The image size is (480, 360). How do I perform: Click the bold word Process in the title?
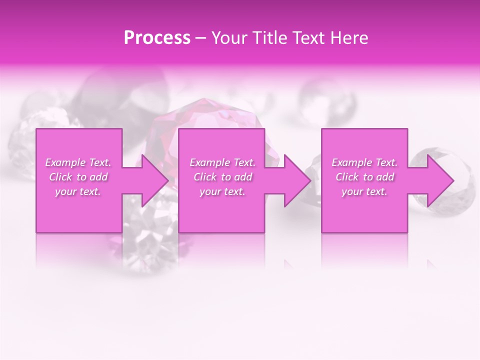pyautogui.click(x=157, y=38)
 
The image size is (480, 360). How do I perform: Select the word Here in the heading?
pyautogui.click(x=348, y=38)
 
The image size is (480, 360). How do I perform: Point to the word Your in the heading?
pyautogui.click(x=229, y=38)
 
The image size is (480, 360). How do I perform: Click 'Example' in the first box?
pyautogui.click(x=65, y=162)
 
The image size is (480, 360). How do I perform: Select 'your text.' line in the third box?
pyautogui.click(x=364, y=191)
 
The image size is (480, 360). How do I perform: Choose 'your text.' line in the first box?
pyautogui.click(x=78, y=191)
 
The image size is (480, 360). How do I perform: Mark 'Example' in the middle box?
pyautogui.click(x=209, y=162)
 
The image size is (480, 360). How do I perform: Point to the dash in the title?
pyautogui.click(x=201, y=38)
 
